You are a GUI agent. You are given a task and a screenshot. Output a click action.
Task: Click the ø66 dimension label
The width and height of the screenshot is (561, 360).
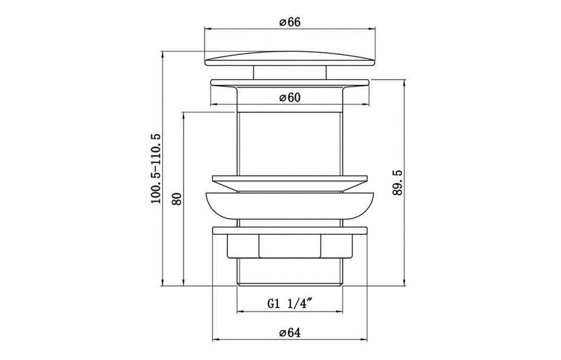[x=290, y=21]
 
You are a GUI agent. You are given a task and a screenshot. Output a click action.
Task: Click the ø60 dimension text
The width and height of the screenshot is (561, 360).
[x=290, y=98]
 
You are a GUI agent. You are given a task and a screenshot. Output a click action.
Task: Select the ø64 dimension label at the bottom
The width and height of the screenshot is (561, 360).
[x=290, y=332]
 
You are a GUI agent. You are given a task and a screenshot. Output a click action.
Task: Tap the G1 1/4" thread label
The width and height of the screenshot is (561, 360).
[x=289, y=304]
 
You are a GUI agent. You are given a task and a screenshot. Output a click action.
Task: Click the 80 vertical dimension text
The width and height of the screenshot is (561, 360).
[x=175, y=198]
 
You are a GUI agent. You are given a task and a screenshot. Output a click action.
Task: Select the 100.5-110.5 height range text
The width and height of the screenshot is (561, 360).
[x=156, y=169]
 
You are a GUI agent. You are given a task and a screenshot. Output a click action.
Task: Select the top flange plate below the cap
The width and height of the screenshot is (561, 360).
[x=289, y=82]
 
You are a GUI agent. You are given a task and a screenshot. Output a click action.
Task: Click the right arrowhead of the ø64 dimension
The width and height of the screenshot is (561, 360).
[x=366, y=340]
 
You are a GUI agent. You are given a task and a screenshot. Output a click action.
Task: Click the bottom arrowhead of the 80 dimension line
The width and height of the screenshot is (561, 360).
[x=184, y=283]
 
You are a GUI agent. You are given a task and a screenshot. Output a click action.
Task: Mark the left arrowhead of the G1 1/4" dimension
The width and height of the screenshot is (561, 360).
[x=239, y=312]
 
